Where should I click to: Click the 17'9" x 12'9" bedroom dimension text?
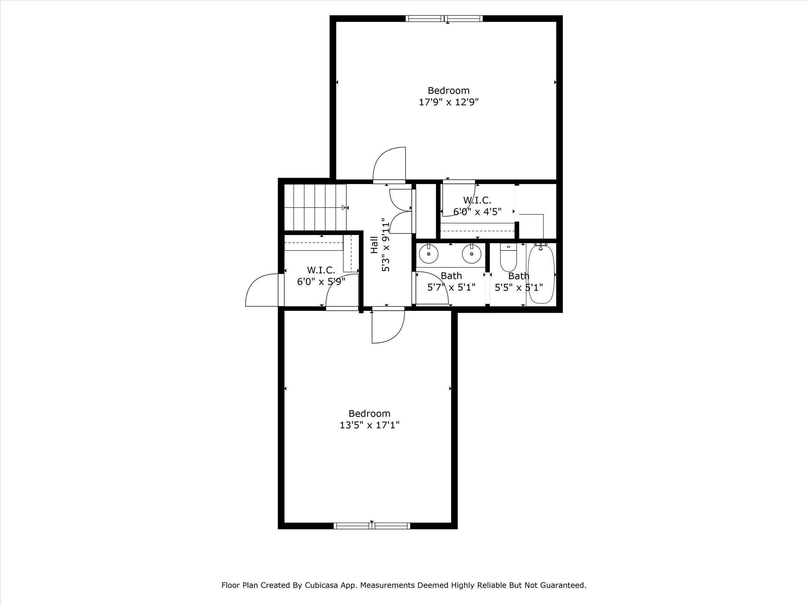click(449, 102)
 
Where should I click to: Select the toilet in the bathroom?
click(508, 258)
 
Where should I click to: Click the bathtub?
click(541, 274)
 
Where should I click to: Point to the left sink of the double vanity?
click(429, 254)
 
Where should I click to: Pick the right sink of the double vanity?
click(471, 254)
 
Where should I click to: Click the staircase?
click(315, 207)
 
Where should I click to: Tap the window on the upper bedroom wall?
click(444, 18)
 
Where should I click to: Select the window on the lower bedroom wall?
click(372, 526)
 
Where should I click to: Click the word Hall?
click(374, 245)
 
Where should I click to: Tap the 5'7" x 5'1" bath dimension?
click(452, 287)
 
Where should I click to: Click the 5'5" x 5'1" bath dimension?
click(519, 287)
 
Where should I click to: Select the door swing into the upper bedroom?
click(389, 164)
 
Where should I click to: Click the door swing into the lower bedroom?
click(388, 326)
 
